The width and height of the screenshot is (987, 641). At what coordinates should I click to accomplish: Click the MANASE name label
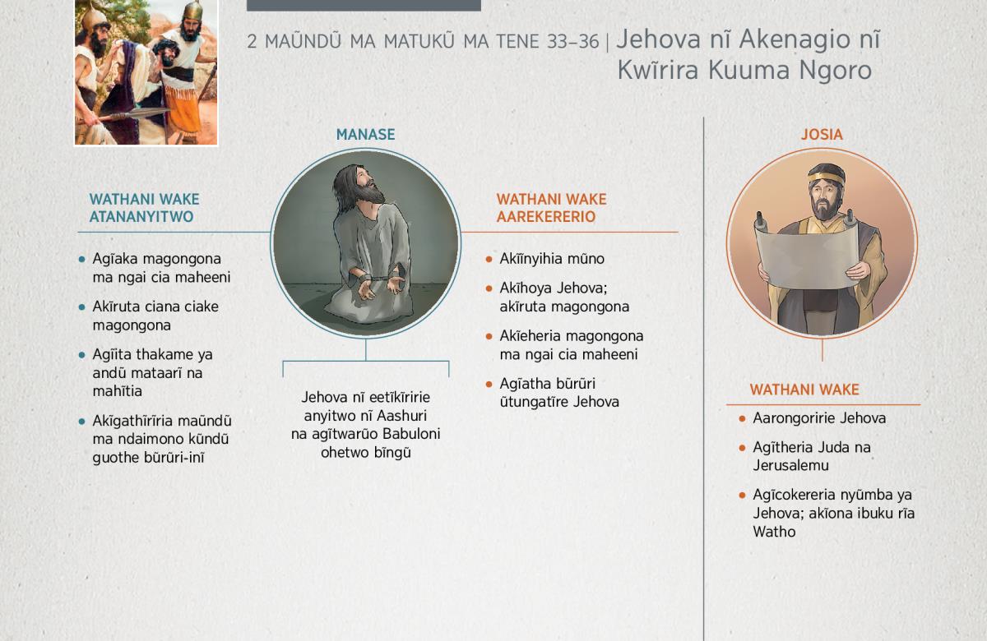pyautogui.click(x=365, y=134)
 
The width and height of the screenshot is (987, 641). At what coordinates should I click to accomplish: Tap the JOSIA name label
pyautogui.click(x=822, y=134)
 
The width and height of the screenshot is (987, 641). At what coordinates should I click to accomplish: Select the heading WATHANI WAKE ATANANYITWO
pyautogui.click(x=144, y=208)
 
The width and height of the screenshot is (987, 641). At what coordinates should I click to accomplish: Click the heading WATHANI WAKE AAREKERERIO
pyautogui.click(x=551, y=208)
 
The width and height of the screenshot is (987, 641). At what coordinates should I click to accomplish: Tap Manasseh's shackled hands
pyautogui.click(x=380, y=285)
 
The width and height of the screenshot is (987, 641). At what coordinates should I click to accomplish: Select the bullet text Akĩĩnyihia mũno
pyautogui.click(x=552, y=258)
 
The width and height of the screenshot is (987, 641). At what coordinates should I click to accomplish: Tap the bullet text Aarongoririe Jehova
pyautogui.click(x=819, y=417)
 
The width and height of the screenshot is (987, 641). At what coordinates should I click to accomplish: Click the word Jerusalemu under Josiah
pyautogui.click(x=790, y=465)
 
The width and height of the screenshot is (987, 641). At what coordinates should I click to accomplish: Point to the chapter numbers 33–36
pyautogui.click(x=572, y=42)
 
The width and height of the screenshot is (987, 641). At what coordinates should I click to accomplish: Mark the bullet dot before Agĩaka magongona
pyautogui.click(x=81, y=260)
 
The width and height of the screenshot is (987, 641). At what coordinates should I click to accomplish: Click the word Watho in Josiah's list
pyautogui.click(x=774, y=532)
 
